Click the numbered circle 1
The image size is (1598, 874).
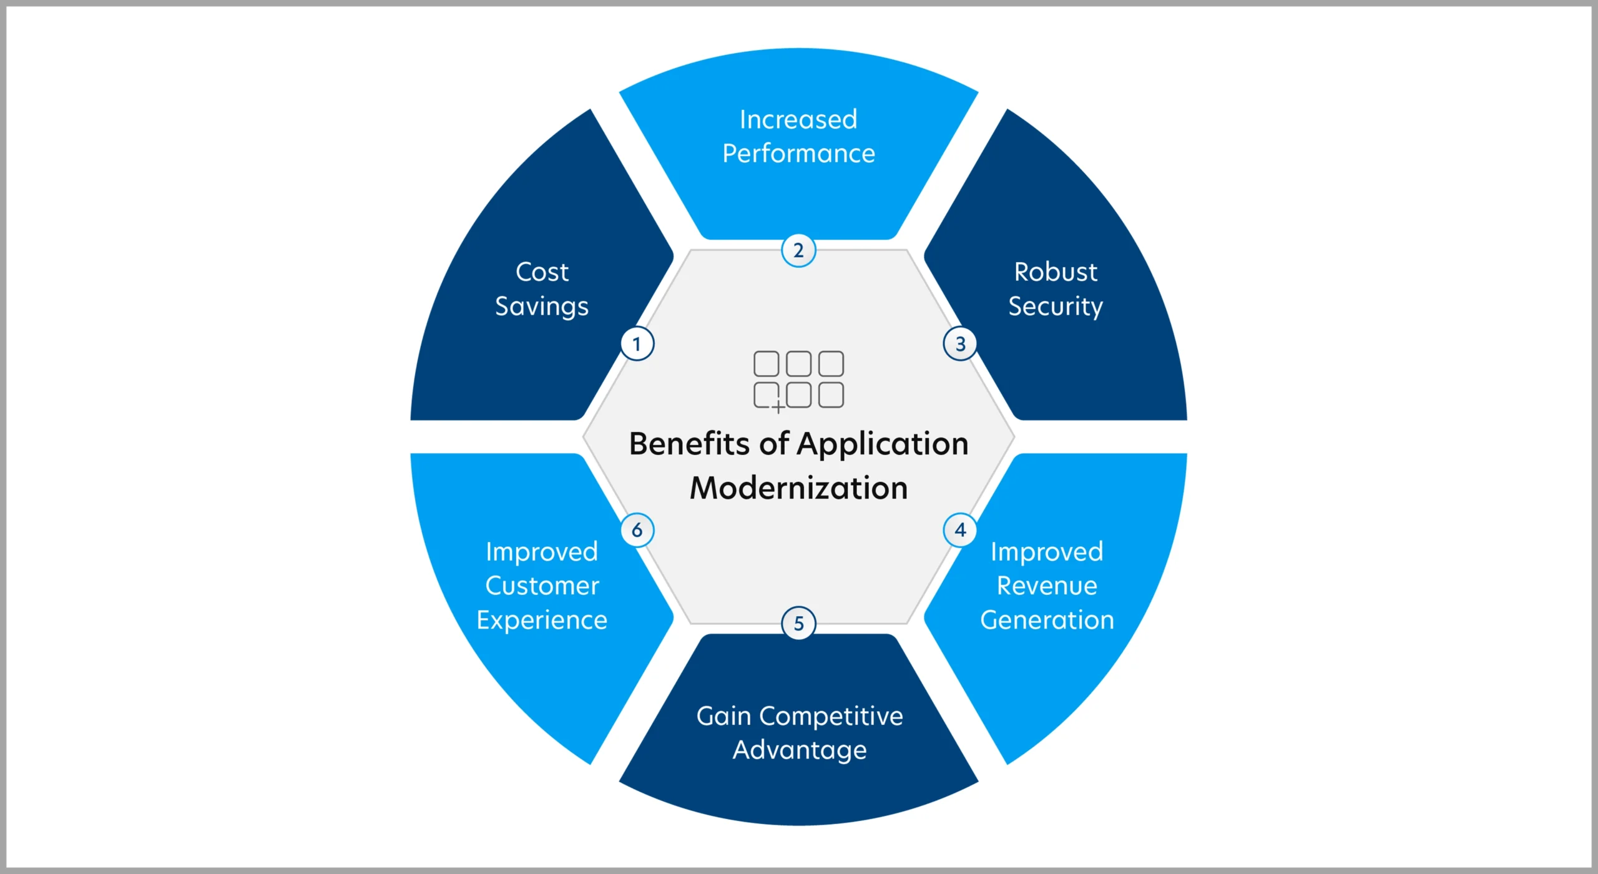point(637,344)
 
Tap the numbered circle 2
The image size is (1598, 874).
point(798,250)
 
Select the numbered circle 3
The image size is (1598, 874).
point(960,344)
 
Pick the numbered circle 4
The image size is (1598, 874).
point(960,530)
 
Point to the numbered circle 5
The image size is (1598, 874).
point(798,623)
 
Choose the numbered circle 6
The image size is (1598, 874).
point(637,530)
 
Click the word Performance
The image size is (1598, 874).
point(799,154)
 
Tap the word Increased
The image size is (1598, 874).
point(799,119)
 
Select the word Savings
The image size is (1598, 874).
point(542,307)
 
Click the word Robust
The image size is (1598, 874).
point(1056,272)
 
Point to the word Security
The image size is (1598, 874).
point(1056,307)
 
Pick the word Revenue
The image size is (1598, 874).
point(1047,586)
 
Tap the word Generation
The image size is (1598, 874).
point(1047,620)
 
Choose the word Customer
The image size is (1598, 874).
point(542,586)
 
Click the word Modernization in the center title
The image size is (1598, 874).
point(798,488)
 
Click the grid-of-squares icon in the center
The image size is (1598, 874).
point(798,380)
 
